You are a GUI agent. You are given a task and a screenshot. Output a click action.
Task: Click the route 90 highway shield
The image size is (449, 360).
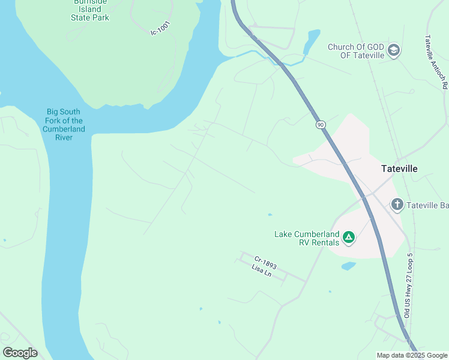(x=321, y=124)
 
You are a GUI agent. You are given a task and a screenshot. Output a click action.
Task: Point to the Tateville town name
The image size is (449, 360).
(x=399, y=169)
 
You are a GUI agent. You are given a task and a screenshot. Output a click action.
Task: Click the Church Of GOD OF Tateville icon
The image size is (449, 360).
(x=394, y=49)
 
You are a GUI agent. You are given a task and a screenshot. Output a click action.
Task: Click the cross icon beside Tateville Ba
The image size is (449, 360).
(x=397, y=205)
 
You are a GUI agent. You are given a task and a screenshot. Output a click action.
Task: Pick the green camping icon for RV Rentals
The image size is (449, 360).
(x=349, y=238)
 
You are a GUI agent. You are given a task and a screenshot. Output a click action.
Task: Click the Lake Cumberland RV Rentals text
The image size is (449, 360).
(x=307, y=238)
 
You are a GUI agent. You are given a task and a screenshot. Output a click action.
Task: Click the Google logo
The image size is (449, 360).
(x=20, y=353)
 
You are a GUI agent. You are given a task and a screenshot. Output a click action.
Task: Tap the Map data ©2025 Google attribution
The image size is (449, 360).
(x=412, y=355)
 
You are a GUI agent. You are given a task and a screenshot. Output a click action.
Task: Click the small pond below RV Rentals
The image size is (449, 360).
(x=348, y=266)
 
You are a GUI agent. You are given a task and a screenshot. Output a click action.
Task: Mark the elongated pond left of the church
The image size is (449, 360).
(x=311, y=41)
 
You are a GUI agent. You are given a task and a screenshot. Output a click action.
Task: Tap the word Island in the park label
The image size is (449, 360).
(x=89, y=10)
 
